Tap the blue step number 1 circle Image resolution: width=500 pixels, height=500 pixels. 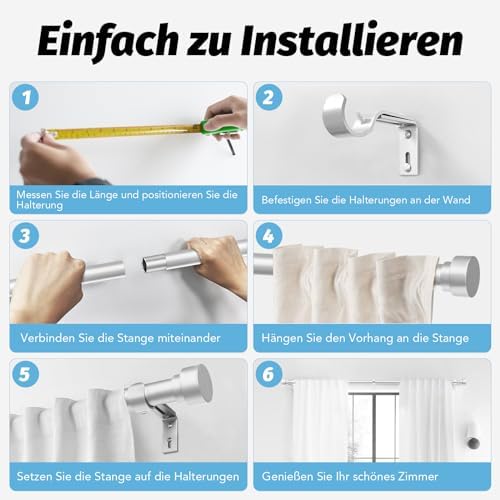point(25,97)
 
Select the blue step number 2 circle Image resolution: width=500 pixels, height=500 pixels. point(269,97)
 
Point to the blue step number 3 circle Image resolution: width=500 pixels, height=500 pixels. point(25,236)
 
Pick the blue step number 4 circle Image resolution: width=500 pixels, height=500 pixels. point(269,236)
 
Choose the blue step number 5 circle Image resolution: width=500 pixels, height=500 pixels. point(25,374)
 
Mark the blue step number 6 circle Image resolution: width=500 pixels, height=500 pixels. point(269,374)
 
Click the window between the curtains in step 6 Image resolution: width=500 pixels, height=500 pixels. point(373,426)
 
